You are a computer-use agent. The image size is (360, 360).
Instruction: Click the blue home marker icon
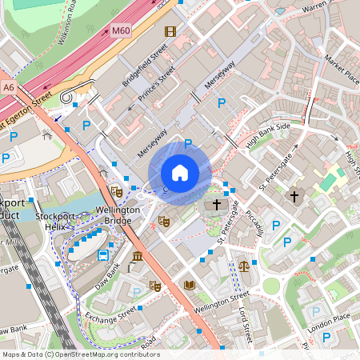180,172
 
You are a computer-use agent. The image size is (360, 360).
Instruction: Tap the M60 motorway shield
121,31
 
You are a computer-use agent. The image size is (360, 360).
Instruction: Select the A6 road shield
8,86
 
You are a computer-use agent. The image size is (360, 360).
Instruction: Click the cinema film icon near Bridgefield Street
170,31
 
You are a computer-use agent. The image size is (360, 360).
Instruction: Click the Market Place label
342,69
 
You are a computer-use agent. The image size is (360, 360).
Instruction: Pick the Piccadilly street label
254,222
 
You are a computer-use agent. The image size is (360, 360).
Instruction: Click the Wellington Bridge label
118,215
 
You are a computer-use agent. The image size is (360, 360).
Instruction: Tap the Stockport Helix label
55,222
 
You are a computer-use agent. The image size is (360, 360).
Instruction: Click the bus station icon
103,255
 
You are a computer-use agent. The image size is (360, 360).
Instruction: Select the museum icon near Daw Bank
138,257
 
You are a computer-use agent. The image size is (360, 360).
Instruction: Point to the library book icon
190,285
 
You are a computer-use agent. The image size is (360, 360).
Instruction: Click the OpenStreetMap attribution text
81,354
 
